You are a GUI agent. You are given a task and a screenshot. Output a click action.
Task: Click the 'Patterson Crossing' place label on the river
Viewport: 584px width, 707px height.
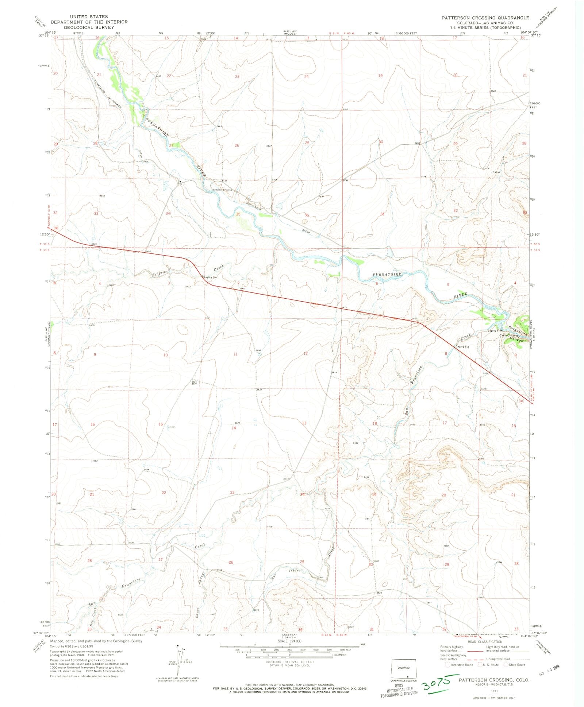222,190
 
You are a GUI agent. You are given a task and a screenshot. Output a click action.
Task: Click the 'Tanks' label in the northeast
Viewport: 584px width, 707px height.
496,172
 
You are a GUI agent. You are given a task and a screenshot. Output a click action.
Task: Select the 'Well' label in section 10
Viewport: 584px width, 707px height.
194,381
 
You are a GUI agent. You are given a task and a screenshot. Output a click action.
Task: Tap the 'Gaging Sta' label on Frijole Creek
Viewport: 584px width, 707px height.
210,277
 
